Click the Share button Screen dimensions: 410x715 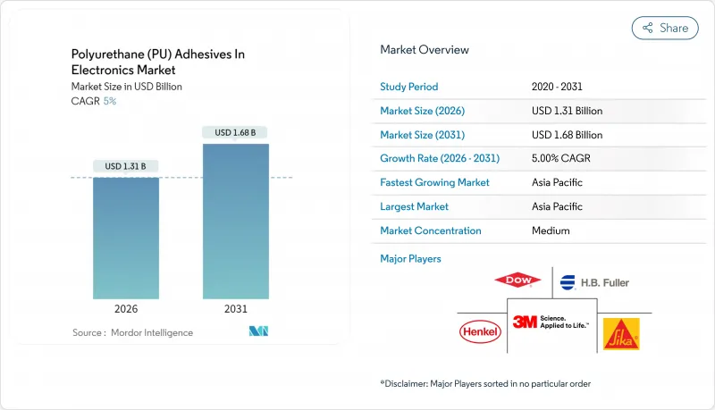pyautogui.click(x=665, y=28)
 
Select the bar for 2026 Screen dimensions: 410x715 pyautogui.click(x=126, y=238)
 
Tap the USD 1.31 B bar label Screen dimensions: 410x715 pyautogui.click(x=126, y=166)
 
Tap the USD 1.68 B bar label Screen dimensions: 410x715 pyautogui.click(x=235, y=132)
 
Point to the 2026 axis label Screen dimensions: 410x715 pyautogui.click(x=126, y=308)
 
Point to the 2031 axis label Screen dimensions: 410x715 pyautogui.click(x=235, y=308)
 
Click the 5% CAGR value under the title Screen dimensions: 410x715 pyautogui.click(x=109, y=101)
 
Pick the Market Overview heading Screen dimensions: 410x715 pyautogui.click(x=425, y=50)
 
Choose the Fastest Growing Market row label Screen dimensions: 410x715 pyautogui.click(x=434, y=182)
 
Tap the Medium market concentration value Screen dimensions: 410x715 pyautogui.click(x=550, y=230)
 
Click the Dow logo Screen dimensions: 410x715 pyautogui.click(x=517, y=280)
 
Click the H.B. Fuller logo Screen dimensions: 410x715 pyautogui.click(x=594, y=282)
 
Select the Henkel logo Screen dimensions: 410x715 pyautogui.click(x=481, y=332)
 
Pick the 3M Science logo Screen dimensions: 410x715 pyautogui.click(x=551, y=322)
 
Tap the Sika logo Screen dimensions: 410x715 pyautogui.click(x=620, y=333)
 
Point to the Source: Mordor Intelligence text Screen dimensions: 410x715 pyautogui.click(x=132, y=332)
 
